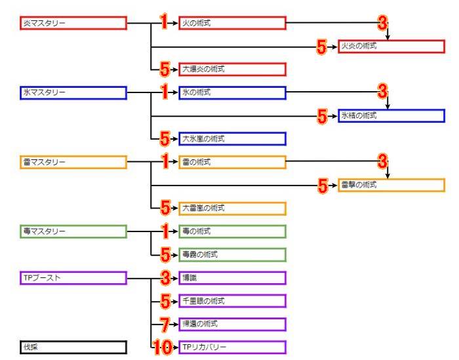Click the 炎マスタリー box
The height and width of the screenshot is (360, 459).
point(73,24)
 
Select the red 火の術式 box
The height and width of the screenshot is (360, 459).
point(233,24)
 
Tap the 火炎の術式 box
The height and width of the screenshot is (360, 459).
point(391,47)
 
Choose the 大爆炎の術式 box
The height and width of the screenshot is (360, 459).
point(233,70)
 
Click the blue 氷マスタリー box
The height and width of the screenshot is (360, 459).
point(73,93)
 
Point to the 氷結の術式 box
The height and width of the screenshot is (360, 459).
point(391,116)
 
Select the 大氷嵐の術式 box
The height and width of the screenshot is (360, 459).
point(233,139)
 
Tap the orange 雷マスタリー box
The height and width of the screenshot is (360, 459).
point(73,163)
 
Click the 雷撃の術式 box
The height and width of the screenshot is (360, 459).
point(391,186)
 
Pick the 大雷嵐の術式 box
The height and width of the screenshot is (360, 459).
point(233,209)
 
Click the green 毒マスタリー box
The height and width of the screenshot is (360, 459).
point(73,231)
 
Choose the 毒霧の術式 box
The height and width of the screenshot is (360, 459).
point(233,255)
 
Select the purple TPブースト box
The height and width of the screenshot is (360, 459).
point(73,278)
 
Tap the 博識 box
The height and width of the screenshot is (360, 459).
point(233,278)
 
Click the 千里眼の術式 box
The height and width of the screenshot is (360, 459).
point(233,301)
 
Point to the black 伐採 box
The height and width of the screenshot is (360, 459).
point(73,348)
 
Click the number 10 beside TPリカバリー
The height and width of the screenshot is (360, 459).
point(162,348)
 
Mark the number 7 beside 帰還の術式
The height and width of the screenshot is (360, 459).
point(165,324)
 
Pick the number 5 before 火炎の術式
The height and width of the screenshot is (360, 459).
point(322,47)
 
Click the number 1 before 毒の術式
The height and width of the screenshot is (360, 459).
point(165,231)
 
